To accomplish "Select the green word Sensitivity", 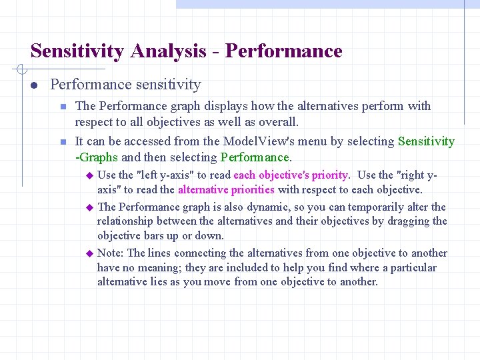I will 426,141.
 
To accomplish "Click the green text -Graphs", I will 96,157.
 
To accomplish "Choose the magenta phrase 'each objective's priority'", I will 291,175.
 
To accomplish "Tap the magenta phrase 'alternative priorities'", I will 225,190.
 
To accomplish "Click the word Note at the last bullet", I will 110,253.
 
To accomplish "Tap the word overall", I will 277,122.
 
